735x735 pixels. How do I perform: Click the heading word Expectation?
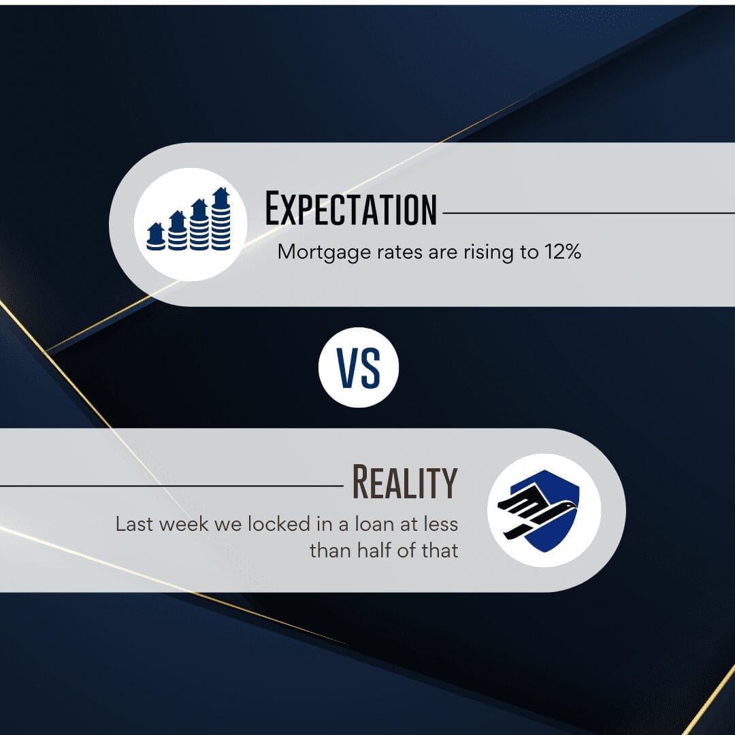350,209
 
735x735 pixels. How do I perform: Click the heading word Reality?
404,482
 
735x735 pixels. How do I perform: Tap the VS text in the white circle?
359,368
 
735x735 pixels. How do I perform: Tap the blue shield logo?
544,510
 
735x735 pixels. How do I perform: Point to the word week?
184,524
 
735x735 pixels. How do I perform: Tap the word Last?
135,524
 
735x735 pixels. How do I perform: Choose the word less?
440,524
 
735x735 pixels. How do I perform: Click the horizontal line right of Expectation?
589,213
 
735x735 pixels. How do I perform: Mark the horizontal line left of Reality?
171,486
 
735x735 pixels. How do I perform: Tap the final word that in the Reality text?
440,551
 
